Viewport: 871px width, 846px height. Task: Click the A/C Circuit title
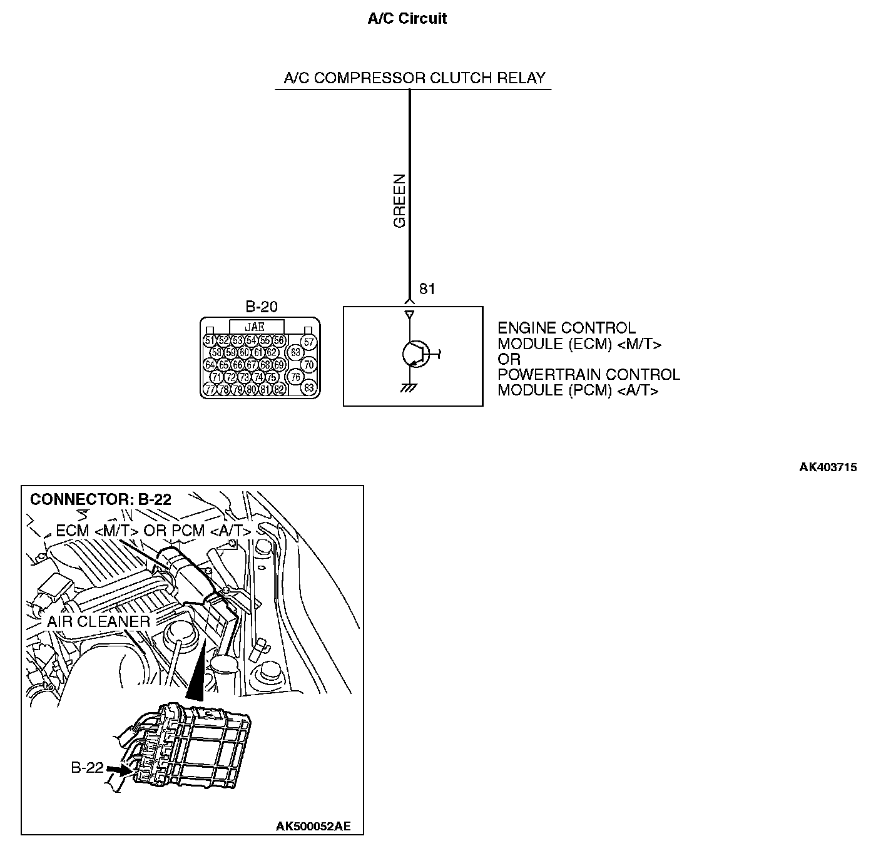pyautogui.click(x=407, y=19)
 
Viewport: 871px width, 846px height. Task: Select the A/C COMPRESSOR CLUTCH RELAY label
pyautogui.click(x=414, y=78)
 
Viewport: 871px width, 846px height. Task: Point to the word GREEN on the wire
pyautogui.click(x=399, y=200)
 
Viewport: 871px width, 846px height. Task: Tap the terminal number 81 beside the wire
pyautogui.click(x=427, y=289)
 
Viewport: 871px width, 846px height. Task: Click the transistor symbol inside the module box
pyautogui.click(x=414, y=354)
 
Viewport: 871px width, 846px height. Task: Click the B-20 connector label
pyautogui.click(x=261, y=307)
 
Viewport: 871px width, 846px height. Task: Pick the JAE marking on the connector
pyautogui.click(x=257, y=327)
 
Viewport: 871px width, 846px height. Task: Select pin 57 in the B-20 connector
pyautogui.click(x=308, y=342)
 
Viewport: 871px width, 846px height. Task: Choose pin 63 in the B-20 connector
pyautogui.click(x=295, y=352)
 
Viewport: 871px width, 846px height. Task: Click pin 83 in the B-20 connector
pyautogui.click(x=308, y=388)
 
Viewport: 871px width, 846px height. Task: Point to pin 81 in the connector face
pyautogui.click(x=265, y=389)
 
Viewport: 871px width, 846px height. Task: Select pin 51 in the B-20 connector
pyautogui.click(x=210, y=341)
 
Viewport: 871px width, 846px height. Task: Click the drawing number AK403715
pyautogui.click(x=828, y=467)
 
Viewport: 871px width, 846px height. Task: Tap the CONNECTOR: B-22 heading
pyautogui.click(x=101, y=499)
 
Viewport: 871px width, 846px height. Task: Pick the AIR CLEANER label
pyautogui.click(x=98, y=621)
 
